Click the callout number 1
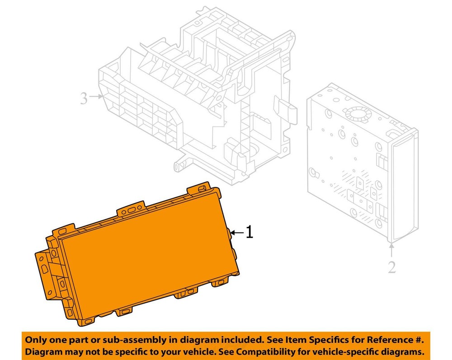click(250, 232)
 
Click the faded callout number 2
click(392, 267)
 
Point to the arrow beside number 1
click(237, 232)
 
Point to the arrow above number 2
click(391, 250)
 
